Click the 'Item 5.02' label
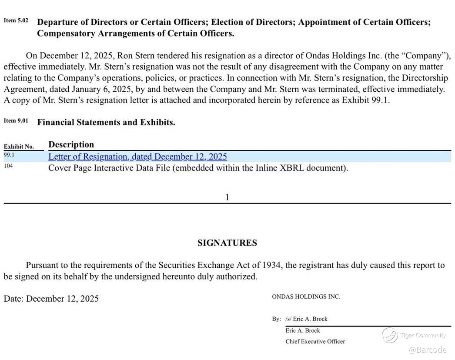pos(16,20)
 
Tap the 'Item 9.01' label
pos(16,120)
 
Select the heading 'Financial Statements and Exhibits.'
pos(106,122)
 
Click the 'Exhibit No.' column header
pos(19,147)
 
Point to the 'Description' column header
pos(71,144)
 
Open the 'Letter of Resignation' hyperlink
pos(137,157)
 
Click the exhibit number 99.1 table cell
pos(9,155)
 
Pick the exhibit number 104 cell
pos(8,166)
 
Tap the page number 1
pos(227,197)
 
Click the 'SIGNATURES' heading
pos(227,243)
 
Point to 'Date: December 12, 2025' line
pos(51,298)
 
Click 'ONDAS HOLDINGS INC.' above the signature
pos(306,297)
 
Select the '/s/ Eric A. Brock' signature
pos(306,319)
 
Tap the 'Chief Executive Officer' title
pos(315,341)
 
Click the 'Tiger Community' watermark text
pos(423,335)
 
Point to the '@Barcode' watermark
pos(428,350)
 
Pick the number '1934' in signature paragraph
pos(271,265)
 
